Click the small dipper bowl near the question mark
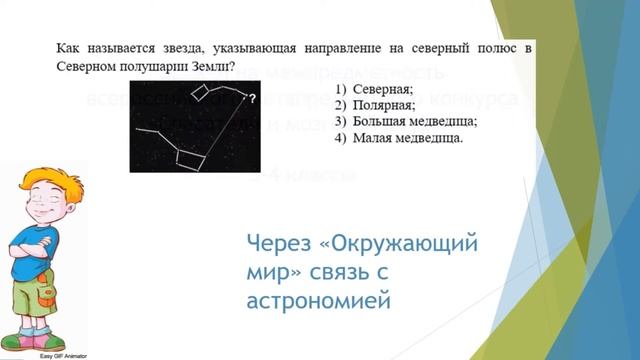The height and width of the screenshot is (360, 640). point(203,93)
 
